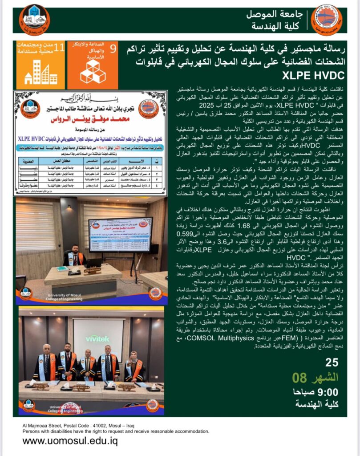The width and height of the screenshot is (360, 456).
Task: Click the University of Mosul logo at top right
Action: coord(327,20)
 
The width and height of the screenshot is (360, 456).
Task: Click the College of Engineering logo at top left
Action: coord(34,20)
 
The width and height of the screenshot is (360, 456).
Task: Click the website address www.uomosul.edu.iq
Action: coord(70,441)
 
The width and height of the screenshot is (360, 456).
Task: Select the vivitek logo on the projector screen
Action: coord(98,326)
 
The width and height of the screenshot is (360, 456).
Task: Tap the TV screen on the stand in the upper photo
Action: coord(120,234)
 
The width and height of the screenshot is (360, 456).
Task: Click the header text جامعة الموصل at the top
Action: coord(275,15)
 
